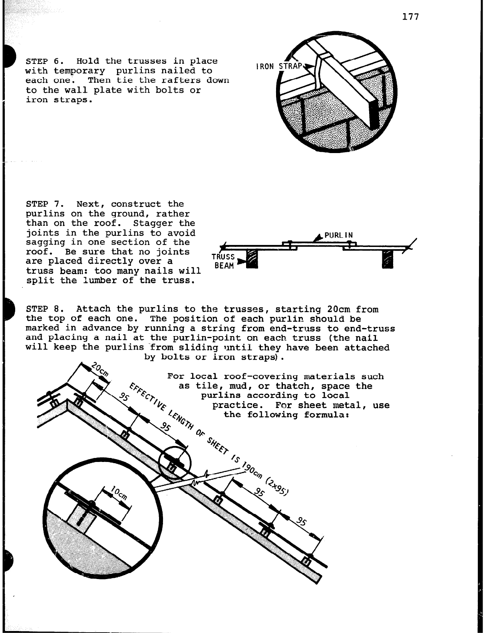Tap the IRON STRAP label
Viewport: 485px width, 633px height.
(x=279, y=66)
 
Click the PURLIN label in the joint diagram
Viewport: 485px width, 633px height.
(x=338, y=235)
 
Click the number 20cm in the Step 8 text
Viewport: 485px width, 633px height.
(x=338, y=309)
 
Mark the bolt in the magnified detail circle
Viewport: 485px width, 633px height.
(x=82, y=521)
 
